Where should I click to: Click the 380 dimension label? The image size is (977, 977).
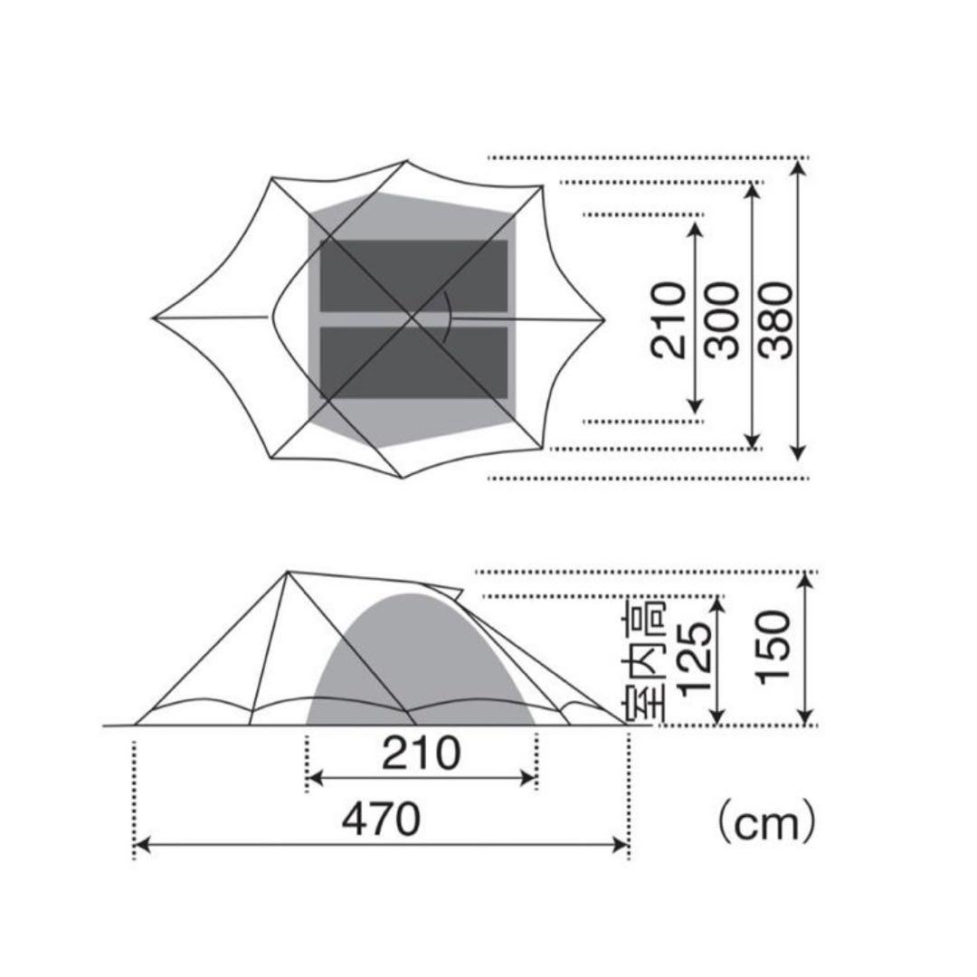tap(778, 319)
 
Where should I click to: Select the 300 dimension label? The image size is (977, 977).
tap(724, 319)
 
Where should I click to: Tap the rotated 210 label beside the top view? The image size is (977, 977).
tap(669, 319)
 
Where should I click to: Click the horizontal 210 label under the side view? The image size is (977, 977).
tap(421, 754)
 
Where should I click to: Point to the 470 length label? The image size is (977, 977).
tap(381, 820)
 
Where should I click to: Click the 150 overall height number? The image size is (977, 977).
tap(776, 648)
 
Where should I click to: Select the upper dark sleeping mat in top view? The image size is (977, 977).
tap(413, 276)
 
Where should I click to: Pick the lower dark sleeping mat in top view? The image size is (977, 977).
tap(413, 363)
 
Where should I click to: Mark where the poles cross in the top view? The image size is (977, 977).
tap(413, 318)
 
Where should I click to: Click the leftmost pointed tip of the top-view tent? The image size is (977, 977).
tap(155, 318)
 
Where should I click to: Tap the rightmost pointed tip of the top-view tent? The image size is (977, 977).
tap(603, 318)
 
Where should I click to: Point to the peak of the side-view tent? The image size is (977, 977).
tap(288, 572)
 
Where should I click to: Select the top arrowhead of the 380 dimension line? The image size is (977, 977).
tap(797, 166)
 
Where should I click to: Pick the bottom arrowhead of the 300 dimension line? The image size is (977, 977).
tap(751, 442)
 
